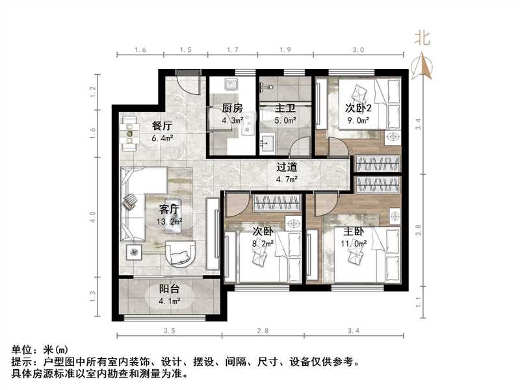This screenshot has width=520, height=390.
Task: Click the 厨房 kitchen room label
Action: (232, 109)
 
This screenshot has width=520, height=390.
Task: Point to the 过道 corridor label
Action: (286, 167)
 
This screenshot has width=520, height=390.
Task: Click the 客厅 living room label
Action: (170, 209)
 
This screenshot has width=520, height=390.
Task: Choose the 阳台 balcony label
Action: (170, 290)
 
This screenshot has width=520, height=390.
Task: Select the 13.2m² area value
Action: (169, 222)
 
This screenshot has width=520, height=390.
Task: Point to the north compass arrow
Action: (423, 65)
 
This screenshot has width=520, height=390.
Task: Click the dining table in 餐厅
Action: (132, 133)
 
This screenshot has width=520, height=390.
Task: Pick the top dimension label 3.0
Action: (358, 49)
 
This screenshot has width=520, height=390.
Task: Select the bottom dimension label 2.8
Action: (263, 331)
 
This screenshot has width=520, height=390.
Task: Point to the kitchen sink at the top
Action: (231, 85)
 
